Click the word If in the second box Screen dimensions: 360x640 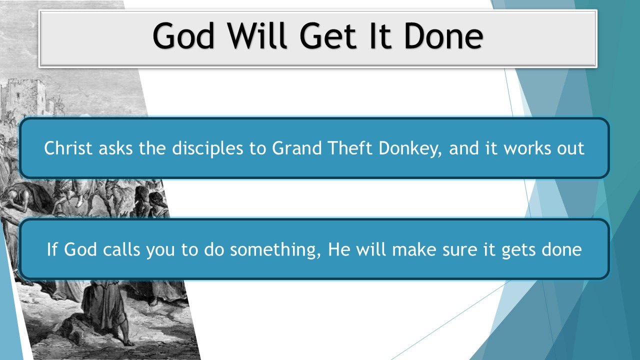point(52,249)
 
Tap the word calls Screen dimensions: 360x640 point(119,249)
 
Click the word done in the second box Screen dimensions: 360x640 point(562,249)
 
